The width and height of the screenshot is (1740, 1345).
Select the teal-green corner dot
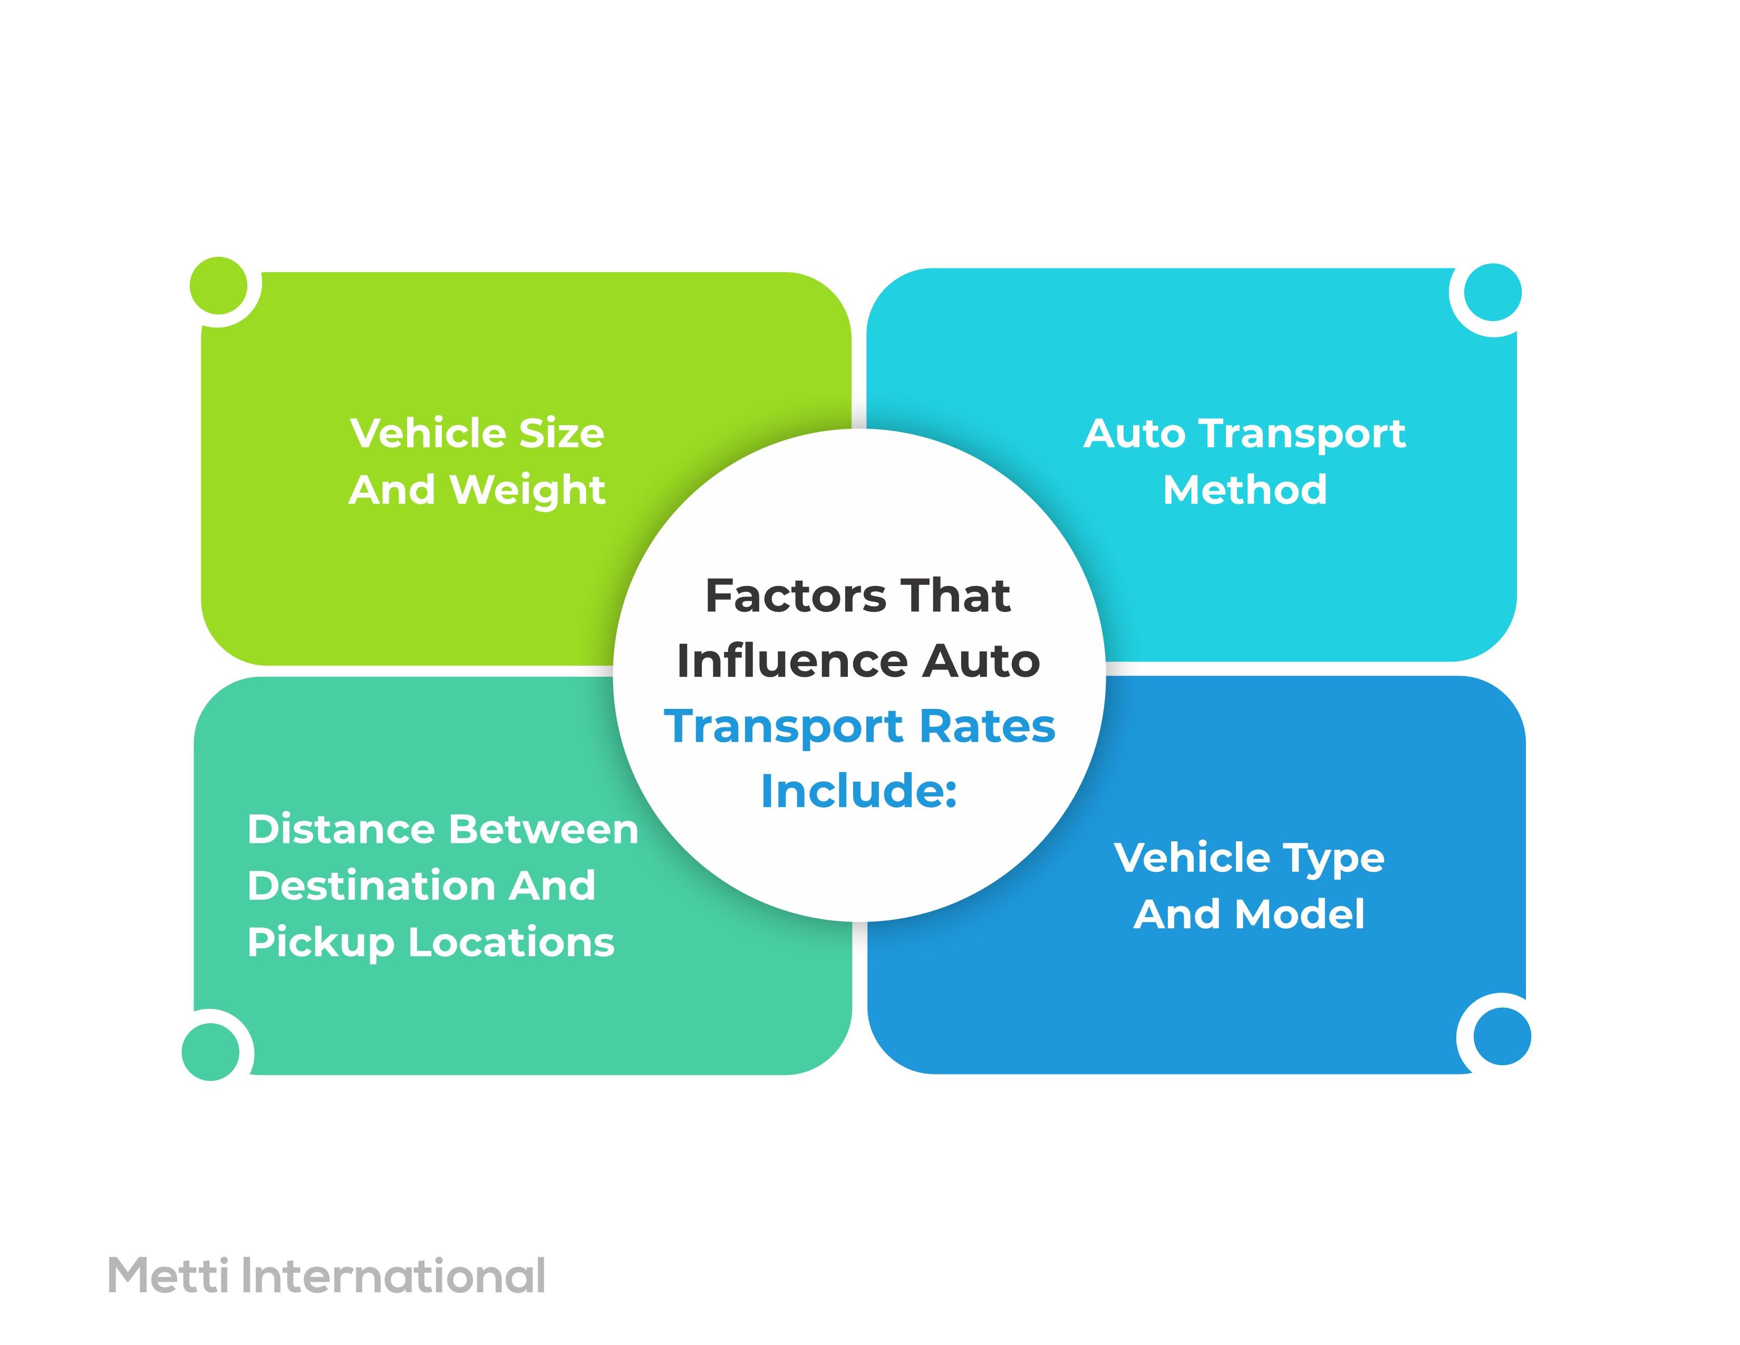pos(211,1052)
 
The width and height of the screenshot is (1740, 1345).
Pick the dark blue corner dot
pos(1502,1036)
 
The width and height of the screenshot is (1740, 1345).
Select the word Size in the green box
pos(561,434)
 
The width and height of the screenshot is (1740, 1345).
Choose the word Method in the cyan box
pos(1244,490)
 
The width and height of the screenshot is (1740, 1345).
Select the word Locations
pos(511,943)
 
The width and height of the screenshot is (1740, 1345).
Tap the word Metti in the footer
pos(167,1276)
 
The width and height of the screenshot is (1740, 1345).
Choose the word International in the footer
pos(393,1276)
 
